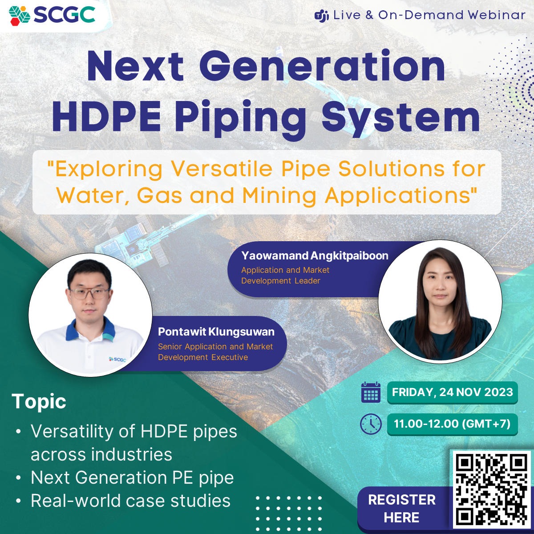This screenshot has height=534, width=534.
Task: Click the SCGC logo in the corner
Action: (52, 15)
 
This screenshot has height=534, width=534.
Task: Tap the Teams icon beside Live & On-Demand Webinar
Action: (322, 16)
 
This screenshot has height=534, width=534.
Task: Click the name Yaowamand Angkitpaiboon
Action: (315, 255)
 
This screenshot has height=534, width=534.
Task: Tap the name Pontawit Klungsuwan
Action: (216, 332)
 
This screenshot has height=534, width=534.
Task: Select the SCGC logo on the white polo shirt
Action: (117, 359)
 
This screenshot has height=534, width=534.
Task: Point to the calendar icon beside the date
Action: (371, 392)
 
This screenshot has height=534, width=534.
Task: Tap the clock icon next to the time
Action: (371, 424)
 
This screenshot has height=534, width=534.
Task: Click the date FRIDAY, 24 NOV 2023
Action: (453, 392)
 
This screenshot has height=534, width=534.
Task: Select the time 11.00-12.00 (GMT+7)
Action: (453, 424)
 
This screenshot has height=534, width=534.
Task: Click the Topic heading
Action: (39, 402)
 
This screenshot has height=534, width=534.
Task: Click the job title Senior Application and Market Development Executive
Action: (215, 352)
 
